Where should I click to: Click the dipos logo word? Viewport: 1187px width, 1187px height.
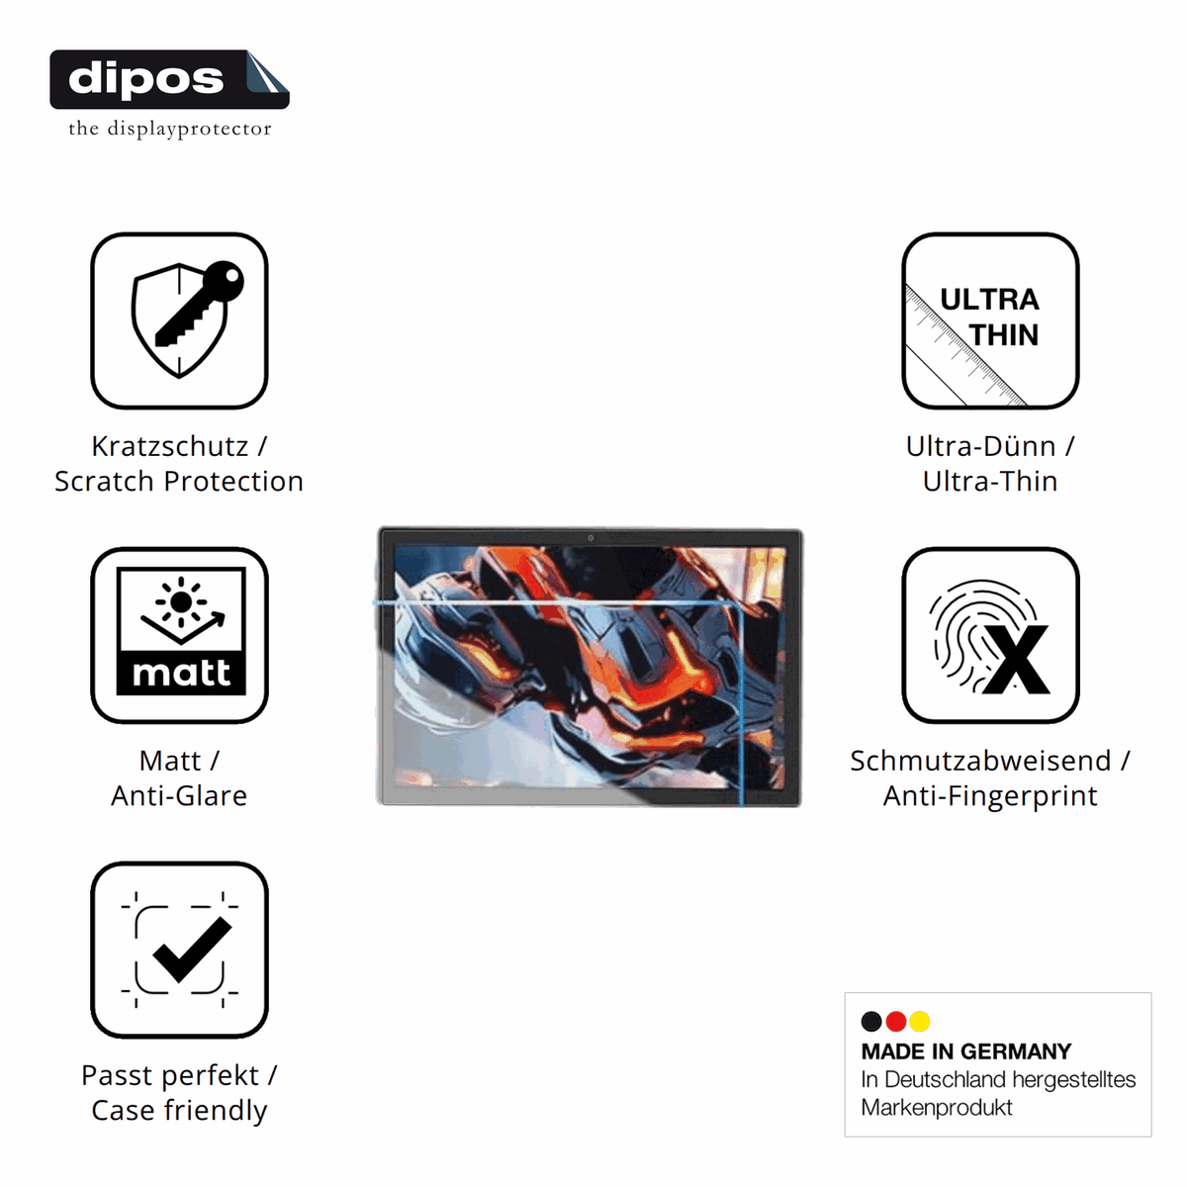tap(145, 79)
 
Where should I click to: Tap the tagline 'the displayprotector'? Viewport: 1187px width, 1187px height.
tap(170, 129)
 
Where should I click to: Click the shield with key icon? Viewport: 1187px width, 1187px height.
tap(186, 320)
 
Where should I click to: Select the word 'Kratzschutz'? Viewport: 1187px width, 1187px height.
tap(170, 446)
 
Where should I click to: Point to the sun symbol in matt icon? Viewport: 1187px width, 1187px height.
tap(180, 601)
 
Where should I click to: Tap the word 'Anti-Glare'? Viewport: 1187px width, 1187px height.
tap(179, 795)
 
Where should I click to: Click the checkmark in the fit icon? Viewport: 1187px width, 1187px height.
tap(192, 950)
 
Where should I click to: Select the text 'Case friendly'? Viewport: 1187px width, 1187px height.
tap(179, 1110)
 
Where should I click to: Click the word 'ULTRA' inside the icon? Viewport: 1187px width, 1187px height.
tap(989, 300)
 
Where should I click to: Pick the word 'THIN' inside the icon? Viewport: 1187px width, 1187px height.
tap(1004, 335)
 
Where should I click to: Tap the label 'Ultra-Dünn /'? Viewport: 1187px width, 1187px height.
tap(990, 446)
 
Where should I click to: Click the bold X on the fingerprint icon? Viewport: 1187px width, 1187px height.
tap(1016, 660)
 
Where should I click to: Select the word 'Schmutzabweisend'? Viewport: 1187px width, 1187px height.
tap(980, 761)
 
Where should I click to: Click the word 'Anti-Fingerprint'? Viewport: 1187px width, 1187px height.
tap(990, 796)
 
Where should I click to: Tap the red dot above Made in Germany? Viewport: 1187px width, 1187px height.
tap(895, 1021)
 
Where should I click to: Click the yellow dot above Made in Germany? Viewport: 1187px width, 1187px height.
tap(920, 1021)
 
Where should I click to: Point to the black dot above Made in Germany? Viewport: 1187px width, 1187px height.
tap(871, 1021)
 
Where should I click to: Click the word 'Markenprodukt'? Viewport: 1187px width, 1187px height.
tap(937, 1108)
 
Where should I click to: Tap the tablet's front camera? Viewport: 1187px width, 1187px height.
tap(591, 538)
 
